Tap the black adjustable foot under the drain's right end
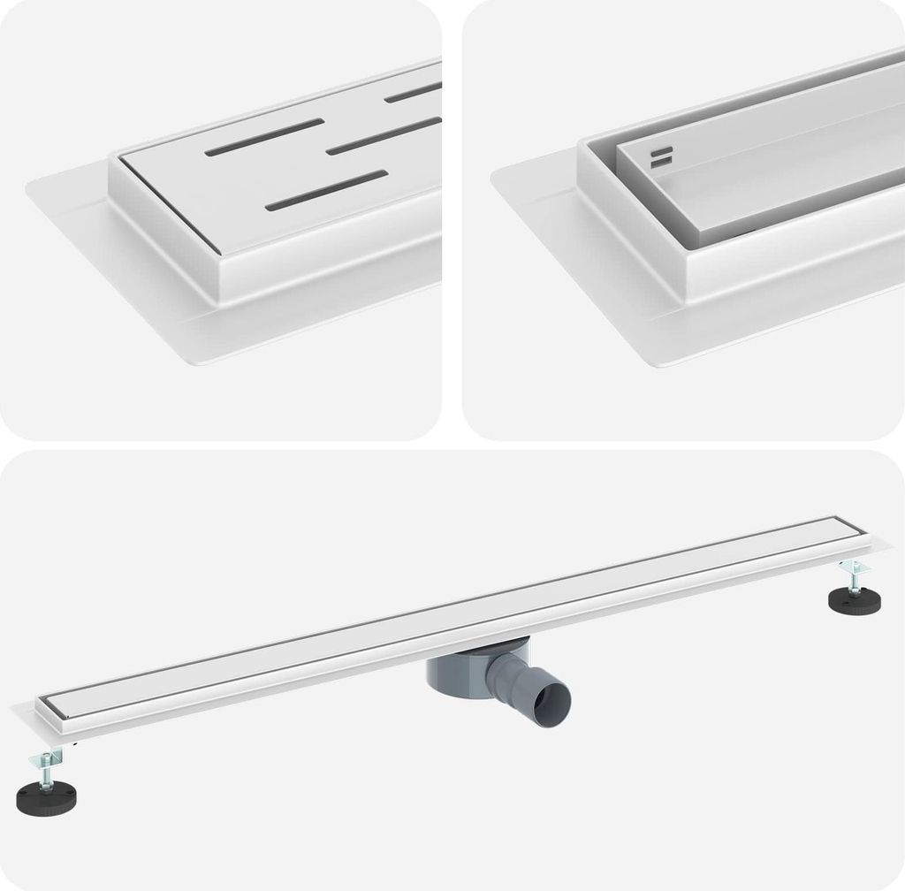853,601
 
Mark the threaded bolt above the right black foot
855,578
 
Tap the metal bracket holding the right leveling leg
854,567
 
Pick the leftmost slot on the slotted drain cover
264,137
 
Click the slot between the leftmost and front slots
384,134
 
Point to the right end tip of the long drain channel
887,548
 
